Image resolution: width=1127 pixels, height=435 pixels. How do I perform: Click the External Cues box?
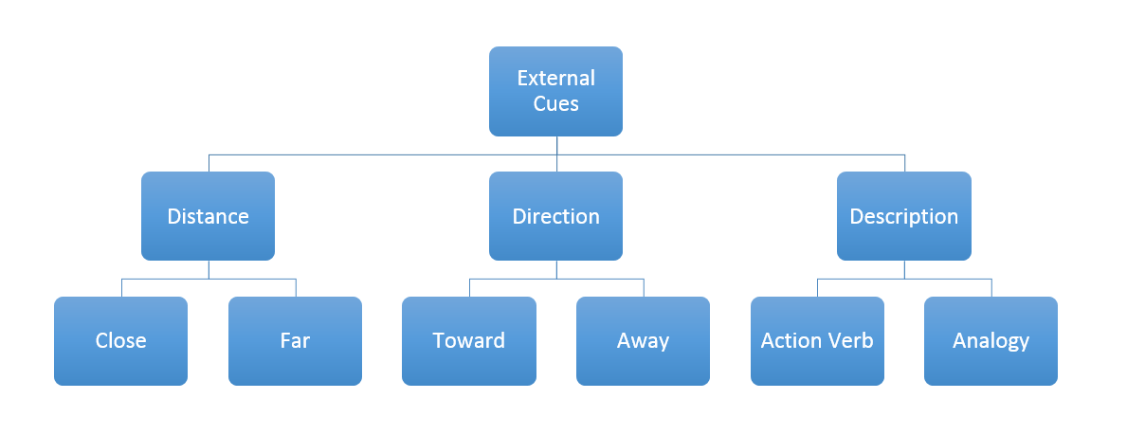pos(555,91)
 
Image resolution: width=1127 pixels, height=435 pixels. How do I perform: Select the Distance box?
pos(208,216)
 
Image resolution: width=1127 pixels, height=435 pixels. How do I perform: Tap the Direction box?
pos(555,216)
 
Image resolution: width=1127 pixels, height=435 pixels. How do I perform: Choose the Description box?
pos(904,216)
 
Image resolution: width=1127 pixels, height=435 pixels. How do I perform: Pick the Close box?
pos(120,341)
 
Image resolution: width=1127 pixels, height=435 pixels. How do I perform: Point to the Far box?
pos(296,341)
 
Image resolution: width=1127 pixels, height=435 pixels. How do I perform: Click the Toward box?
pos(468,341)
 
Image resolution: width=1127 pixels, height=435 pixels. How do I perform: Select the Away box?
pos(644,341)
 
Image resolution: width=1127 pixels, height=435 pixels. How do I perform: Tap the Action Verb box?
pos(817,341)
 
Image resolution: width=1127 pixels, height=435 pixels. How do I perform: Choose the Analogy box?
pos(991,341)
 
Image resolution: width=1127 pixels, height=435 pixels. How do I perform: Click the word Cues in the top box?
pos(555,103)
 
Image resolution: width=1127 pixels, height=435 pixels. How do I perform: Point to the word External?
pos(555,78)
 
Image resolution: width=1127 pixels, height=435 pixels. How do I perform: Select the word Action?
pos(791,340)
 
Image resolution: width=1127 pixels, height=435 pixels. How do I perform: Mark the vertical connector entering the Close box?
pos(121,287)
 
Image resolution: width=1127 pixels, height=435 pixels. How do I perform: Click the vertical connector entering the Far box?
pos(296,287)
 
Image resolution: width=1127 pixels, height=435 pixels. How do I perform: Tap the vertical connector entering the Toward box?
pos(469,287)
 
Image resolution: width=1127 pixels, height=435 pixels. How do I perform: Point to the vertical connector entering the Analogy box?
pos(991,287)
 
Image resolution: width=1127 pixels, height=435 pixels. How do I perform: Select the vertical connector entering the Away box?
pos(644,287)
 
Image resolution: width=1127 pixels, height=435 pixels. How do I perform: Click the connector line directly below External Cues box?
pos(556,154)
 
